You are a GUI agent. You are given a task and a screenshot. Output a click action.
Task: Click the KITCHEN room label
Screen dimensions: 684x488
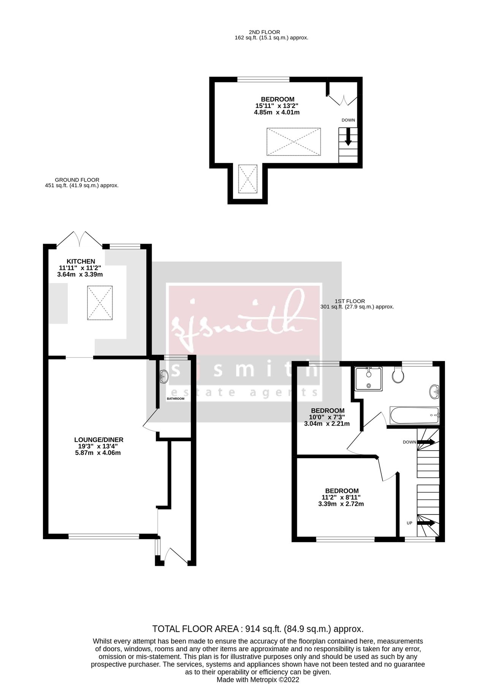[x=81, y=261]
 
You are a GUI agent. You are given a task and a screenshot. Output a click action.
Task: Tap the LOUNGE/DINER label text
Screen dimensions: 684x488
[x=99, y=440]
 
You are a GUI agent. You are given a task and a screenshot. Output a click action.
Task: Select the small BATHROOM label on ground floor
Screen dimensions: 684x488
[x=175, y=399]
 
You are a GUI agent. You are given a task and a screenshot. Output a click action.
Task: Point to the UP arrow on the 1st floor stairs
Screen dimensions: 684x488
[x=426, y=523]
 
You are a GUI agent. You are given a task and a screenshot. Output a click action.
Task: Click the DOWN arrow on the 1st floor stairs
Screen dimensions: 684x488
[x=426, y=442]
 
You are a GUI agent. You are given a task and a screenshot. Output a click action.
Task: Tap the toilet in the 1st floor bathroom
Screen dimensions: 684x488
[x=398, y=375]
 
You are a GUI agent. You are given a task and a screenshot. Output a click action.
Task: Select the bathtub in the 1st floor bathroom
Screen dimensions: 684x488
[x=414, y=415]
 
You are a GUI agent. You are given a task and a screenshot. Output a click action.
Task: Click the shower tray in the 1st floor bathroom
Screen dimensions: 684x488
[x=369, y=378]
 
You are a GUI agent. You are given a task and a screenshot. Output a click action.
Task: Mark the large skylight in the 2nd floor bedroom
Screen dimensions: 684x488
[x=293, y=142]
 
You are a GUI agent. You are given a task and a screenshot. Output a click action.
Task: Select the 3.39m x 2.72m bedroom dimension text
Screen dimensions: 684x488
[x=341, y=504]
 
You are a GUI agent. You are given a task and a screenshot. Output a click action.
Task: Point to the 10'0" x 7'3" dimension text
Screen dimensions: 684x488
[x=327, y=417]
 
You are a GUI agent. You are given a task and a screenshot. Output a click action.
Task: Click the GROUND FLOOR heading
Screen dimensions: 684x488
[x=77, y=180]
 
